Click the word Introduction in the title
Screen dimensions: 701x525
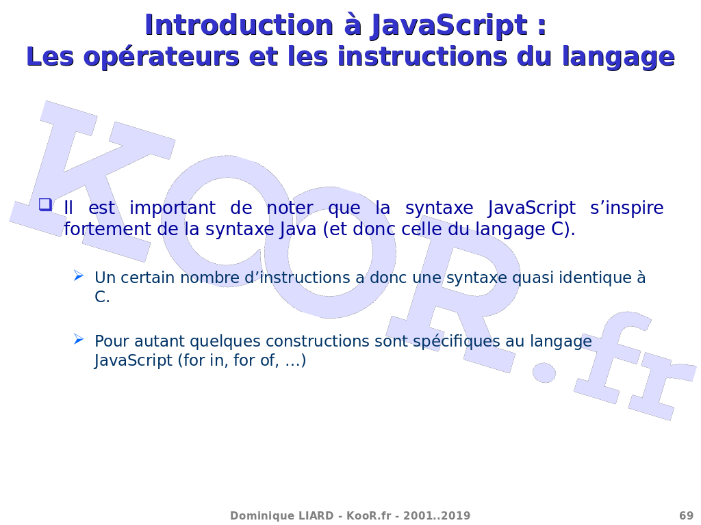pos(239,25)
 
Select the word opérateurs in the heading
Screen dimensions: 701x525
pos(162,57)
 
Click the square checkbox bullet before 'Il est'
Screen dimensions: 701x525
pos(45,204)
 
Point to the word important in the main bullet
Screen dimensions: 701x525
pos(173,208)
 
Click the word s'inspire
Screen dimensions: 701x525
pos(626,208)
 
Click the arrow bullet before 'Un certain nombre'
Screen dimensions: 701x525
pos(79,275)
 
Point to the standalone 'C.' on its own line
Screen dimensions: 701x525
pos(102,297)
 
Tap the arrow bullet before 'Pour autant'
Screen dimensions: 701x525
pos(79,339)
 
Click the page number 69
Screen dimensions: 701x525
pos(686,515)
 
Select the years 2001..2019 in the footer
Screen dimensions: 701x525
pos(437,515)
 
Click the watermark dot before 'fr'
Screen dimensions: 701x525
pos(544,372)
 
